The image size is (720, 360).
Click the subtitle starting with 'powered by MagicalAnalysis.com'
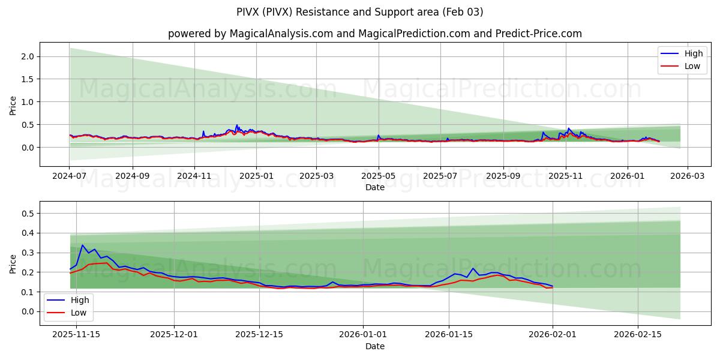[375, 34]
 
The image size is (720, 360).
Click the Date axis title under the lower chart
[375, 347]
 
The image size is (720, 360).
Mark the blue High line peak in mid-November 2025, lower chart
[83, 245]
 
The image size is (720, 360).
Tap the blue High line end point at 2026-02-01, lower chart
[553, 286]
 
